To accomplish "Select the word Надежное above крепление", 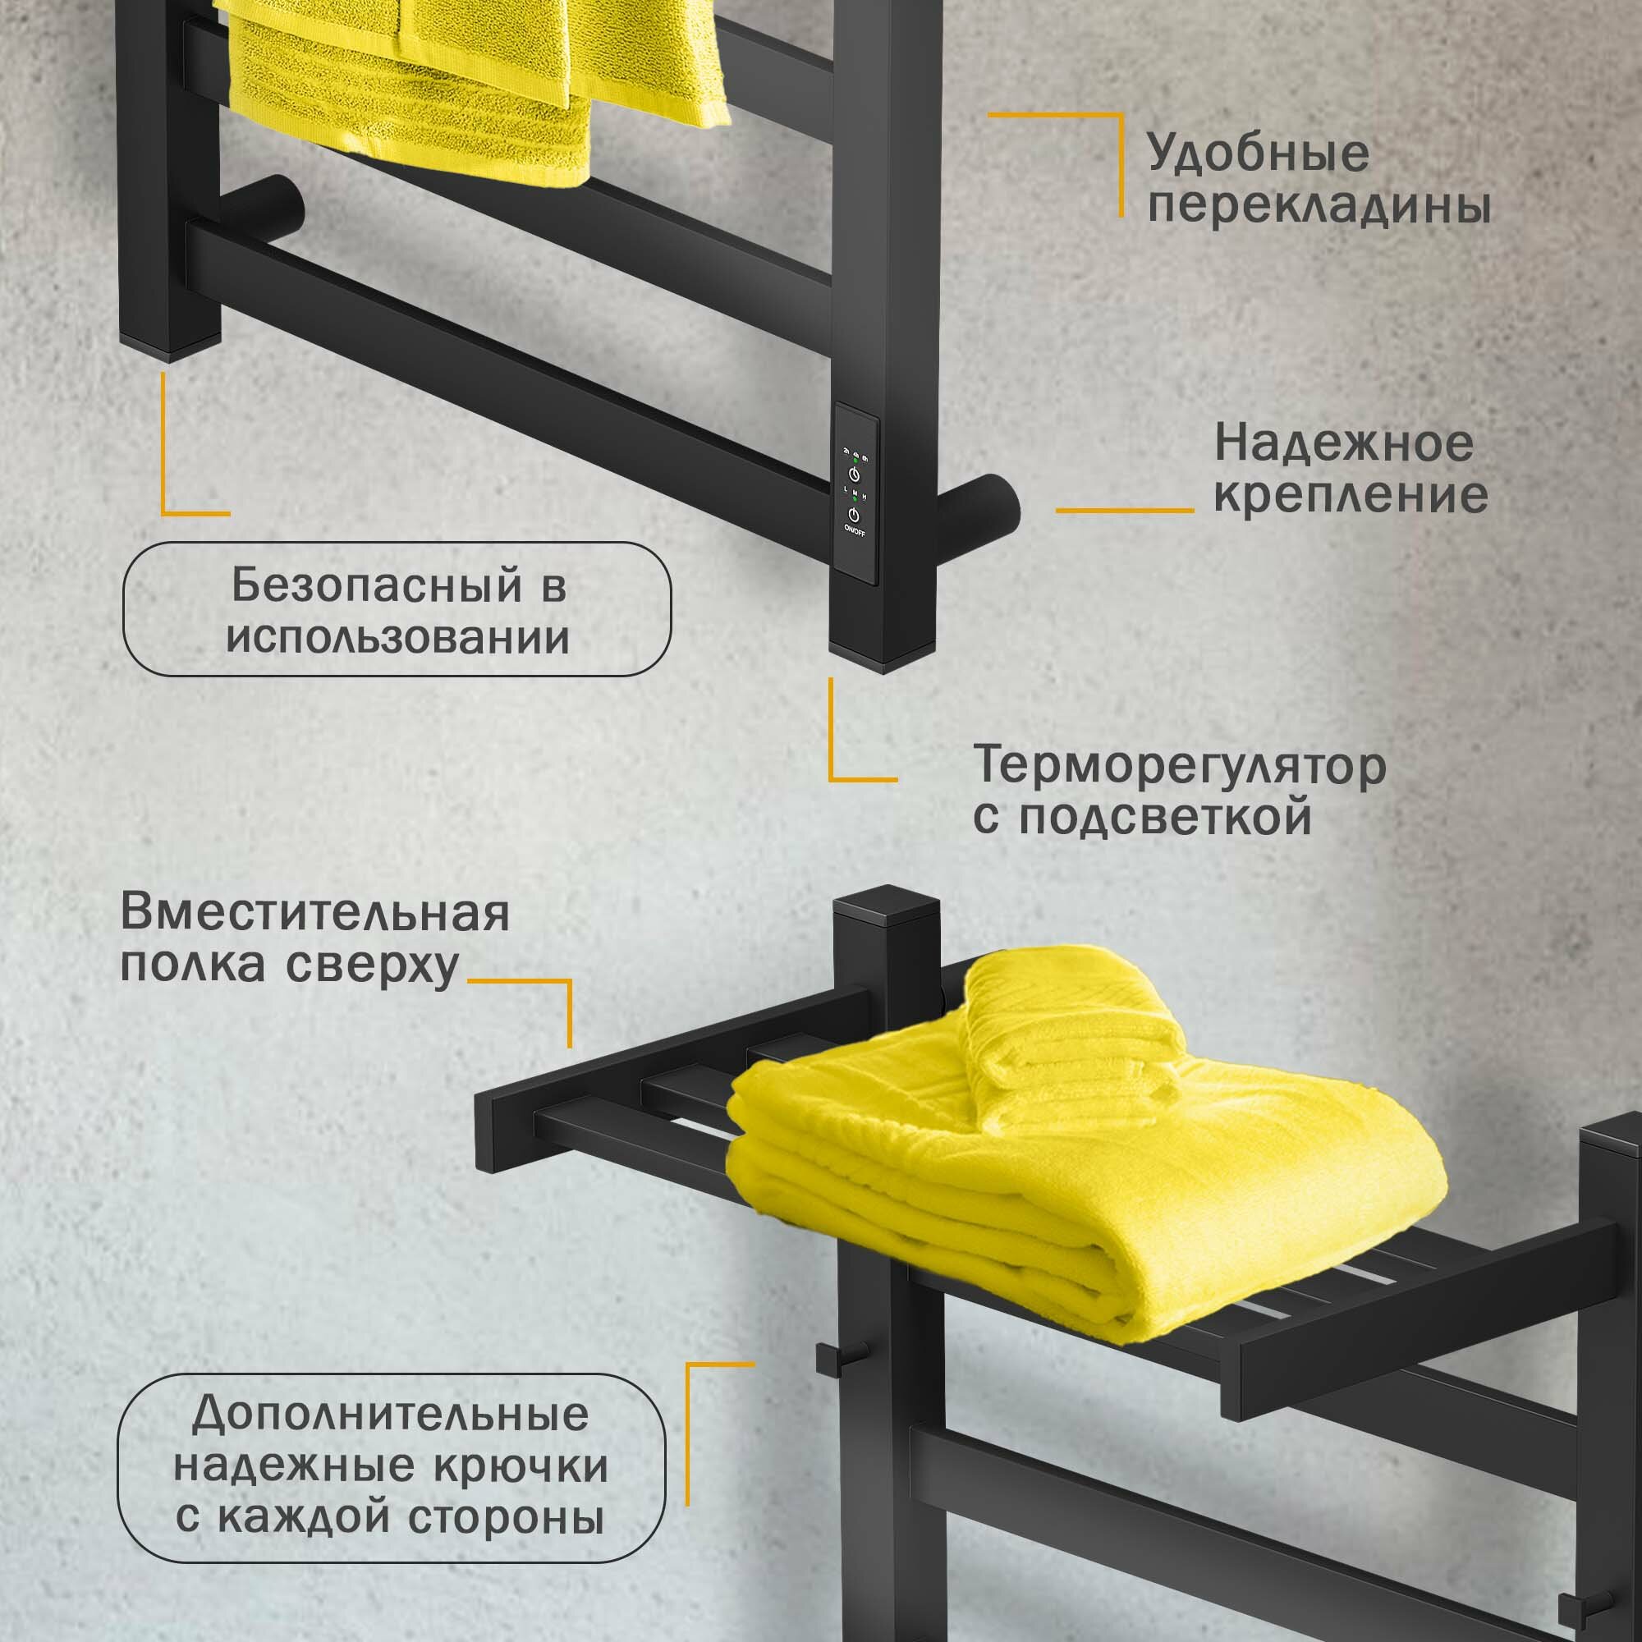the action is coord(1344,443).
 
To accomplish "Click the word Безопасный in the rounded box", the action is coord(376,586).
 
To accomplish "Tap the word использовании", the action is coord(397,638).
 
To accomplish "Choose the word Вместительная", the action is coord(315,914).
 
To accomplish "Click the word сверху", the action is coord(372,966).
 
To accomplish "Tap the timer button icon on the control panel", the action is coord(853,475).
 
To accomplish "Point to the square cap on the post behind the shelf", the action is coord(885,907).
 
